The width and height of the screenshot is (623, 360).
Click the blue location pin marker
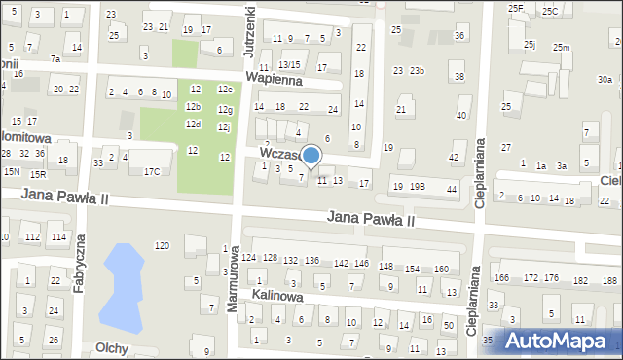(x=311, y=157)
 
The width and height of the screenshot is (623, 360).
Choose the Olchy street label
(x=111, y=347)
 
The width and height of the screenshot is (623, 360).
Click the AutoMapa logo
(x=558, y=341)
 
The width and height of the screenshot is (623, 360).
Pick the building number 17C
(x=152, y=172)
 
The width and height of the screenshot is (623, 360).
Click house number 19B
(x=417, y=186)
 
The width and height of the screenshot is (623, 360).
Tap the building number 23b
(x=417, y=71)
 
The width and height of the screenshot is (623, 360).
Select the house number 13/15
(x=289, y=65)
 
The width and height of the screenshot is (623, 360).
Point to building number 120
(x=162, y=245)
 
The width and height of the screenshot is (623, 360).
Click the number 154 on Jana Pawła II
(x=413, y=269)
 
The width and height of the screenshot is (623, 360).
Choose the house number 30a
(x=605, y=80)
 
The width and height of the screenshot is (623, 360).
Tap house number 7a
(x=55, y=59)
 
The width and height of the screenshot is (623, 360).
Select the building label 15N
(x=12, y=171)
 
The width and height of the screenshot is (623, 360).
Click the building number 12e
(x=225, y=90)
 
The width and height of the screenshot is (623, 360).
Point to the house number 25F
(x=516, y=8)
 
